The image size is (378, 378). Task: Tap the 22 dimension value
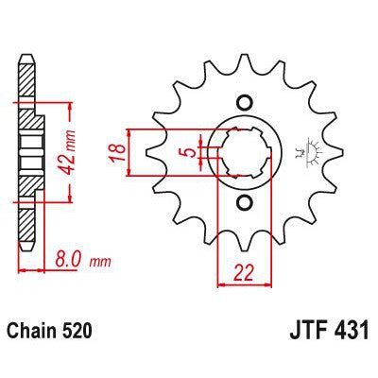click(x=246, y=272)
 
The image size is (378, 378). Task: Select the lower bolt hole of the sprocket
click(x=245, y=202)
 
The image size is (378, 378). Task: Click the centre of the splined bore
click(x=245, y=152)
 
